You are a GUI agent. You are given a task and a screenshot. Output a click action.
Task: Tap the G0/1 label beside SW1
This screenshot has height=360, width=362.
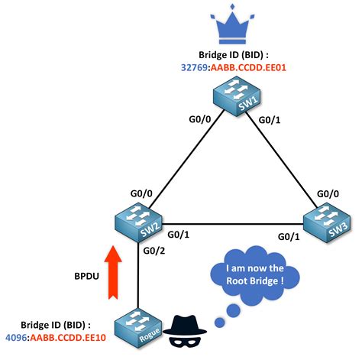tap(270, 119)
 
